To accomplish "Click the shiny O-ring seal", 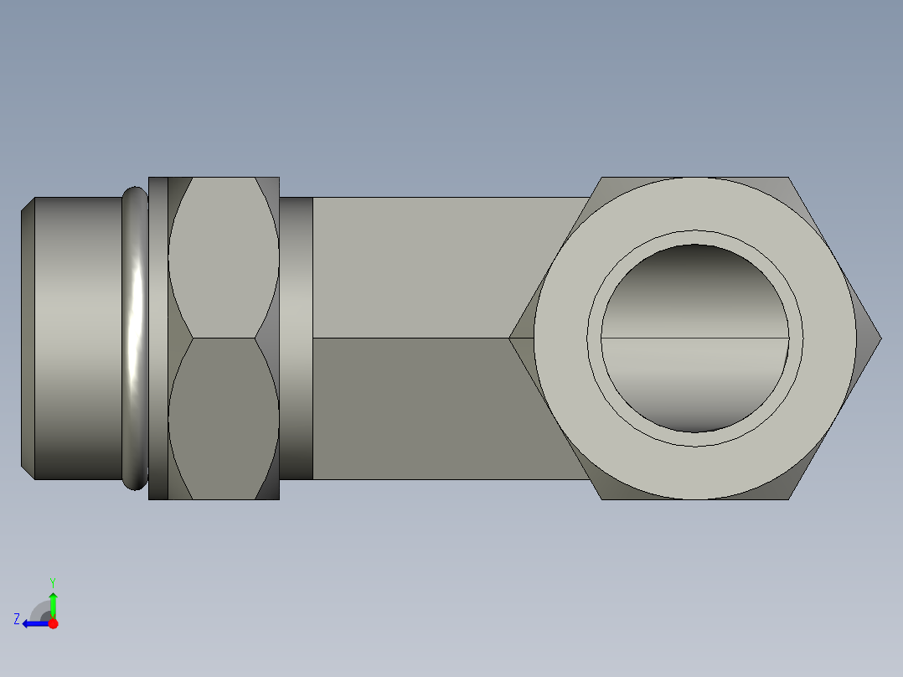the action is (x=136, y=338).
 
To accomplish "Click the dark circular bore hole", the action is (x=694, y=338).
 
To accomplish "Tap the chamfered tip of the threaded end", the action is (x=28, y=338).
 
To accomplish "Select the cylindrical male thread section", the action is (x=79, y=338).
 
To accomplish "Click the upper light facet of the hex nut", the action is (x=224, y=257).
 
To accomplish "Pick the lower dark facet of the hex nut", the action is (x=224, y=419).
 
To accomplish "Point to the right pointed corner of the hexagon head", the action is (x=880, y=338).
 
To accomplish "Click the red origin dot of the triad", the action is (x=53, y=623).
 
